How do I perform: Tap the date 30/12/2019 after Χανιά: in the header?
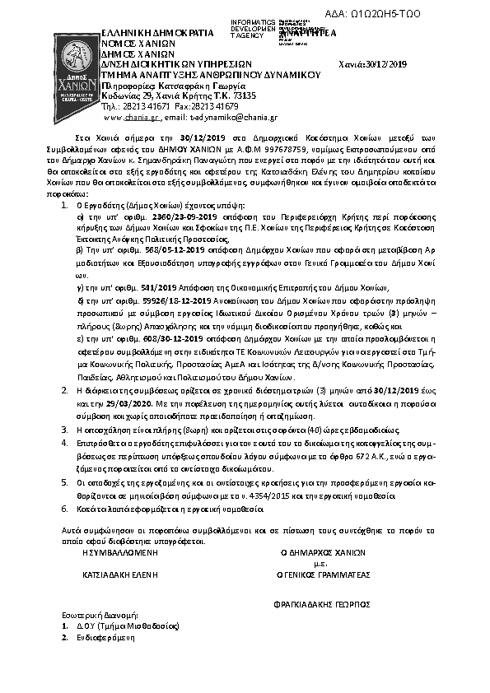tap(389, 63)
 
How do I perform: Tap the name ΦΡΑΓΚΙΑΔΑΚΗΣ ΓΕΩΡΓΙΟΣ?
tap(322, 603)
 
